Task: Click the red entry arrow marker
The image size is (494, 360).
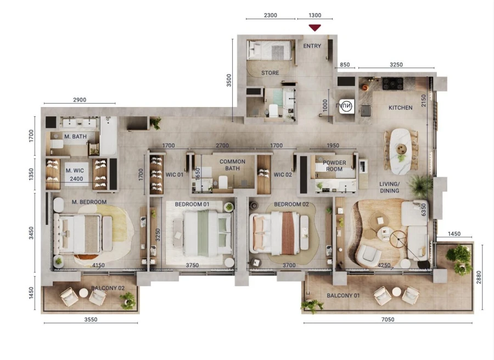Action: tap(315, 27)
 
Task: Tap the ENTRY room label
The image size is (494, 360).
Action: tap(312, 46)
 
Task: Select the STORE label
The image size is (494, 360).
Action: tap(270, 73)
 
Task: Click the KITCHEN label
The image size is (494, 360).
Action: tap(401, 108)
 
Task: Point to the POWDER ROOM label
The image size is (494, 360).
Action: tap(334, 166)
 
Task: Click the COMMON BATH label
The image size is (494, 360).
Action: tap(232, 165)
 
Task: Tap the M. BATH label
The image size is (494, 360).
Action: tap(74, 137)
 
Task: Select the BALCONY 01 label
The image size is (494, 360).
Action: tap(343, 296)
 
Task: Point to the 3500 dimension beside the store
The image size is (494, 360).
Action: tap(229, 81)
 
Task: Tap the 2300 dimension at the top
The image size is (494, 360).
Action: tap(271, 15)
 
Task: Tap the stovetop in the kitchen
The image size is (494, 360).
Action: tap(394, 83)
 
